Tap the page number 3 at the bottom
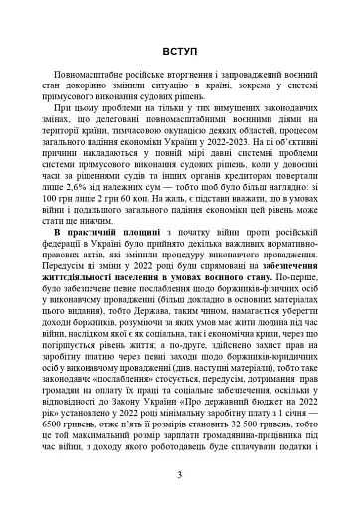tap(179, 475)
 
